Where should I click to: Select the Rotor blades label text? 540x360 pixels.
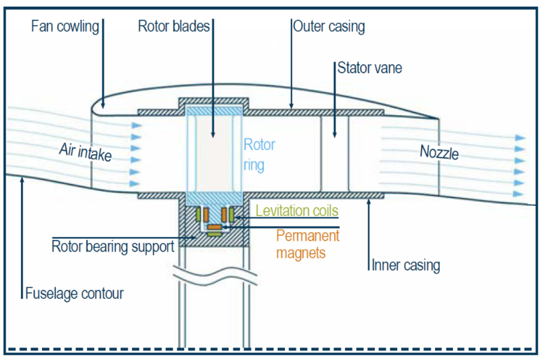click(x=174, y=27)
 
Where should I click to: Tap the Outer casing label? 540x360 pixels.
click(x=329, y=27)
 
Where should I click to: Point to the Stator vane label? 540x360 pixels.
click(x=370, y=67)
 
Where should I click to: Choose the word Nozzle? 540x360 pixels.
click(x=439, y=153)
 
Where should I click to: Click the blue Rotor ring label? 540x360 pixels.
click(x=259, y=154)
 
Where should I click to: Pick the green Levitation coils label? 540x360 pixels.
click(x=297, y=210)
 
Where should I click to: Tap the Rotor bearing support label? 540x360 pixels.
click(x=113, y=246)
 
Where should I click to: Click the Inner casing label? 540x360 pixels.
click(x=406, y=265)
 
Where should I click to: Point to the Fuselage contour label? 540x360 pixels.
click(x=75, y=293)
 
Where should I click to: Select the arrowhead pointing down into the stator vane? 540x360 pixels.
click(x=335, y=134)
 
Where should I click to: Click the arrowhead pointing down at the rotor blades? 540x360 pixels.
click(x=213, y=134)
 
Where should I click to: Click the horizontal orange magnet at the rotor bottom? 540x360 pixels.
click(x=214, y=227)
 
